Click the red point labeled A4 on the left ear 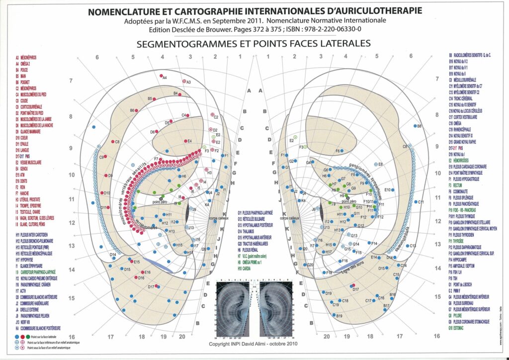pos(161,76)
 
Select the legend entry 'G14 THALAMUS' pos(252,231)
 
